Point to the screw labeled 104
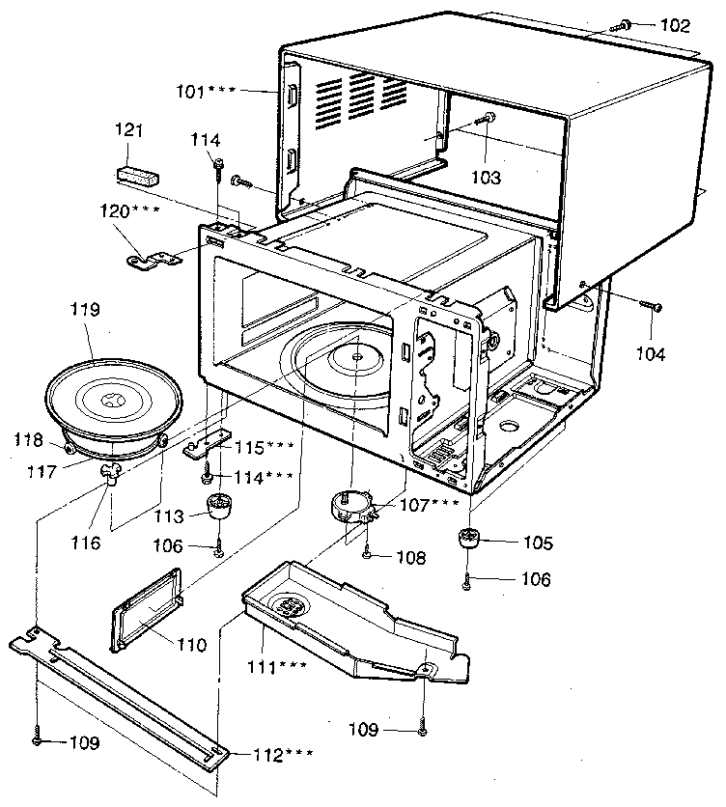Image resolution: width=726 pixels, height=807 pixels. [x=653, y=306]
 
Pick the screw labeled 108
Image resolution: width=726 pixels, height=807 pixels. [x=370, y=554]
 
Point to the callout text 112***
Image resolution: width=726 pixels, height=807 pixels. [x=284, y=755]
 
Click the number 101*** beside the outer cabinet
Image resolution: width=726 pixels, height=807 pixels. [x=207, y=92]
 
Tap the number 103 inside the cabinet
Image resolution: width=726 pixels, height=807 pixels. [x=486, y=178]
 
